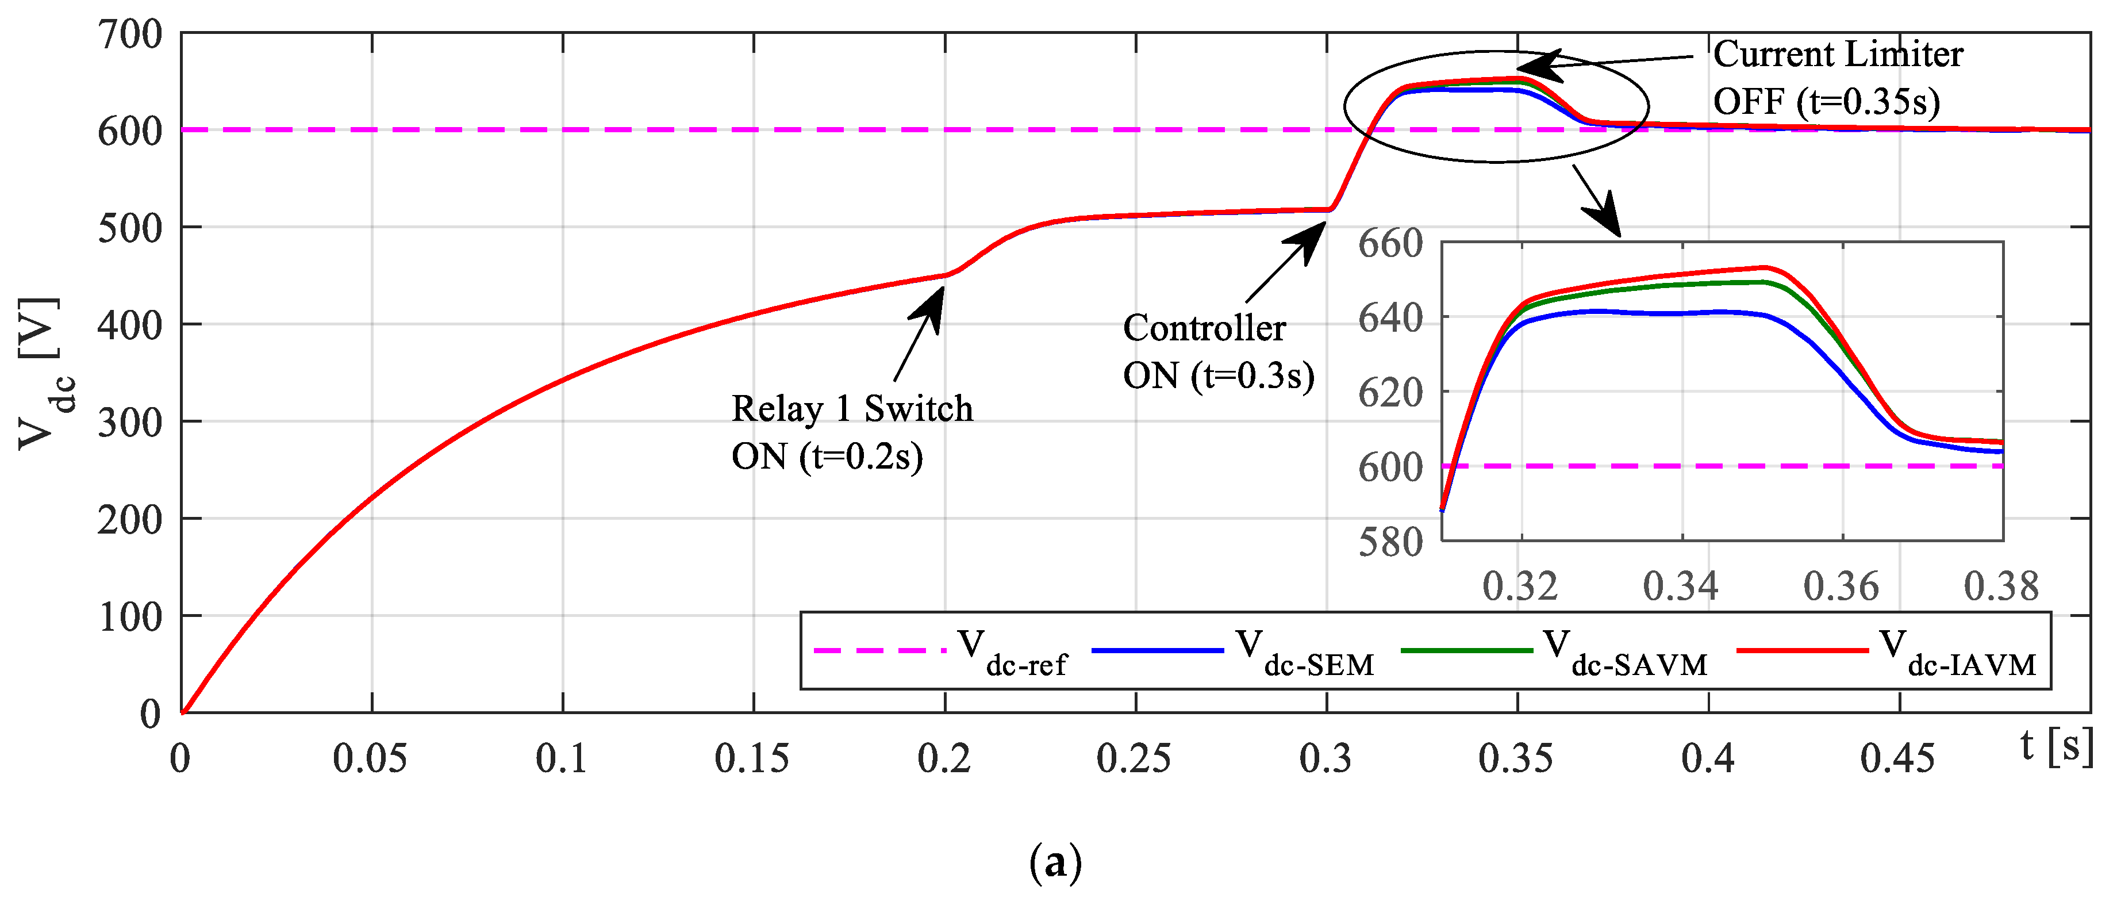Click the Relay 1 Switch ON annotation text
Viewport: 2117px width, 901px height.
[851, 432]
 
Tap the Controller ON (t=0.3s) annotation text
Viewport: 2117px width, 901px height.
[1217, 352]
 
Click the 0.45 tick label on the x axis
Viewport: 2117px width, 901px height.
[1897, 758]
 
